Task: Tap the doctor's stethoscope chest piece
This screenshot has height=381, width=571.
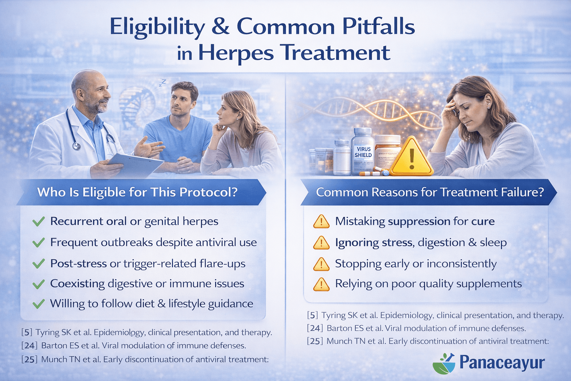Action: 76,145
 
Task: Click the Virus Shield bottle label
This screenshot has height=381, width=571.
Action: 363,152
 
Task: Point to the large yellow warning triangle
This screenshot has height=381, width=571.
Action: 411,158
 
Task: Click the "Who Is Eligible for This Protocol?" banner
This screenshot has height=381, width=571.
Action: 137,192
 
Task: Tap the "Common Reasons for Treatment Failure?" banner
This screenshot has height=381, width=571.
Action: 429,192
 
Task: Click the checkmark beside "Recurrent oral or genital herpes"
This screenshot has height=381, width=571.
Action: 38,222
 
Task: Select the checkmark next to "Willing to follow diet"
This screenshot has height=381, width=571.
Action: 38,304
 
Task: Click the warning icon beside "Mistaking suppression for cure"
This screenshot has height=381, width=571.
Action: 321,222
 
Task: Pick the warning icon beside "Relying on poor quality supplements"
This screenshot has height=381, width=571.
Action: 321,285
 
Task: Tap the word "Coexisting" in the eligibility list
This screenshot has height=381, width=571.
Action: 77,284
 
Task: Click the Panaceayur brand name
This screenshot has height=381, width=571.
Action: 502,362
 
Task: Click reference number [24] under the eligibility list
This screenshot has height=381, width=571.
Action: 29,346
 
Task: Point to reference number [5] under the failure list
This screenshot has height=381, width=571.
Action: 313,316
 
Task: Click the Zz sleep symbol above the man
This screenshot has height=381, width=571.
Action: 162,82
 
